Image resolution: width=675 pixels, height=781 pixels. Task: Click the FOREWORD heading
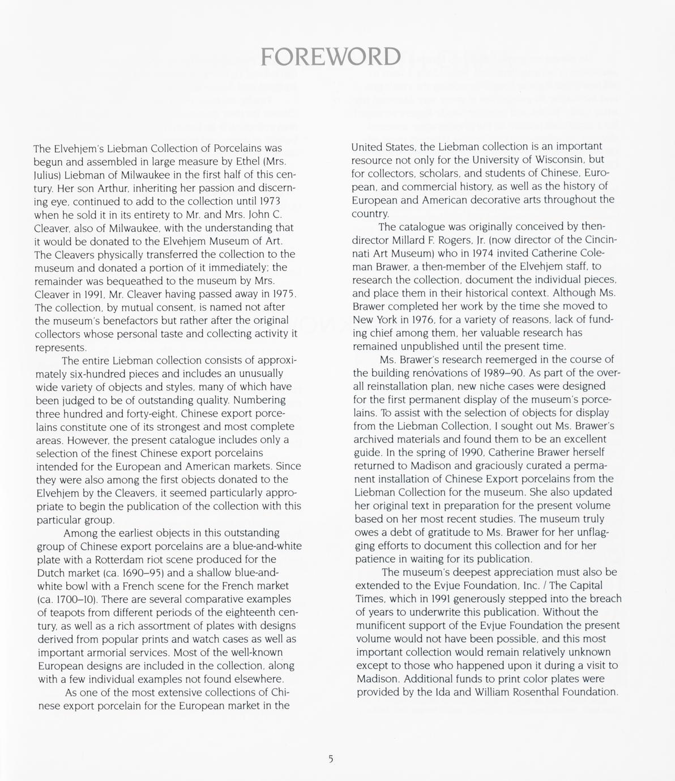330,57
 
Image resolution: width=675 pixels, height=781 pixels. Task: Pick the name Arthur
105,188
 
